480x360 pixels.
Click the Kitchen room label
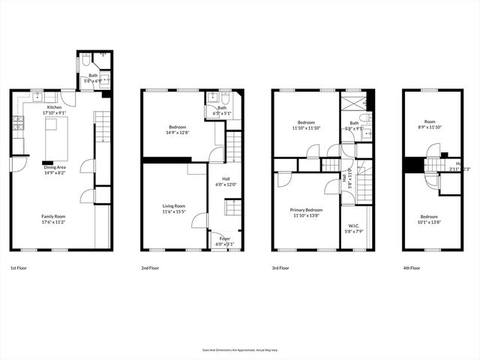tap(54, 108)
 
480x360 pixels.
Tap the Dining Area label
tap(55, 167)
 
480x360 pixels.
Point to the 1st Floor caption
tap(20, 268)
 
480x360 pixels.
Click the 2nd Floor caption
tap(150, 268)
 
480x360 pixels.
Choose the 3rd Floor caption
tap(280, 268)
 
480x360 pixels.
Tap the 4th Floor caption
tap(411, 268)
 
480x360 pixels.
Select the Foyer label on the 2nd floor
tap(224, 238)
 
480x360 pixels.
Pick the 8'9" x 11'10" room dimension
tap(430, 127)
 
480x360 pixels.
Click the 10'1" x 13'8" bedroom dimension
tap(430, 222)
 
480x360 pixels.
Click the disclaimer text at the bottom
tap(240, 349)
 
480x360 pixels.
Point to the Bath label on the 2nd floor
tap(222, 108)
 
